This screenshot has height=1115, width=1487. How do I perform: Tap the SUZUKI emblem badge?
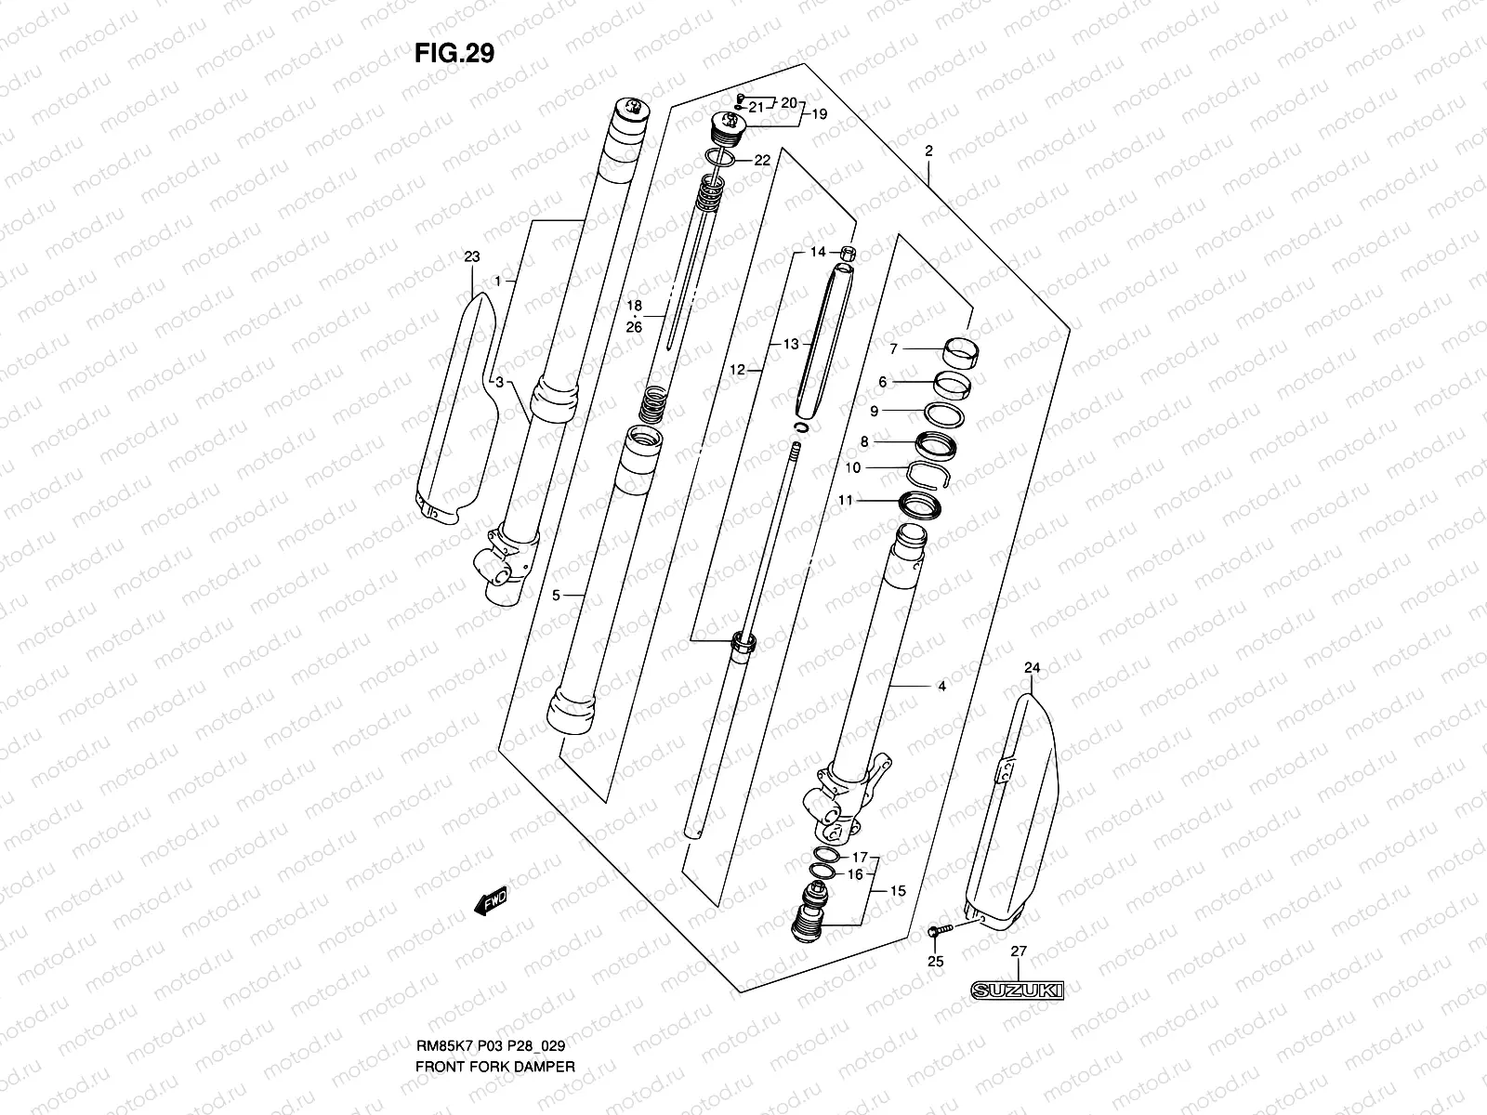point(1017,991)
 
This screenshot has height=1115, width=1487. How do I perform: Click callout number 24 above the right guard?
point(1032,668)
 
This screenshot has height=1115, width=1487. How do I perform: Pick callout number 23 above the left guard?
point(472,256)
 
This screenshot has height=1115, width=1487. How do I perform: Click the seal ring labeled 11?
point(919,505)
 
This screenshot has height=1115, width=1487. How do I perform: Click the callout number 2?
point(928,151)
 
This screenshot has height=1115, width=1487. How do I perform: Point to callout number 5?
point(556,596)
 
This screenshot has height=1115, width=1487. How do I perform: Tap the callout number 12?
point(737,370)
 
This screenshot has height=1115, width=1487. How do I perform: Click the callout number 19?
point(819,115)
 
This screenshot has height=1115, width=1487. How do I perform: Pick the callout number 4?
point(941,687)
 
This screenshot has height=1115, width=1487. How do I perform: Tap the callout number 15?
point(897,891)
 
